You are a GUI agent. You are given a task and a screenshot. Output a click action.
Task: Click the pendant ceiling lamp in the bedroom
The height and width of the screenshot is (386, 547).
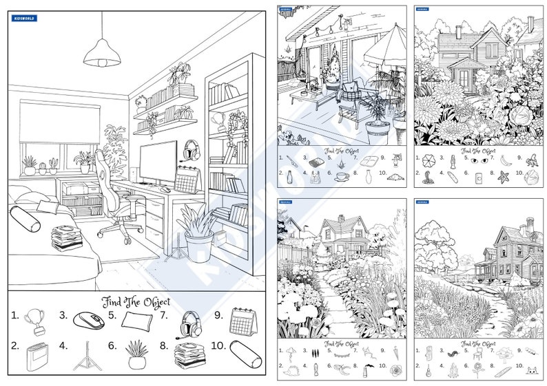tap(101, 54)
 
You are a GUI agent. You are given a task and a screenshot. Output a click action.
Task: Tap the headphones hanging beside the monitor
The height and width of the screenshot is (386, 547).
tap(191, 149)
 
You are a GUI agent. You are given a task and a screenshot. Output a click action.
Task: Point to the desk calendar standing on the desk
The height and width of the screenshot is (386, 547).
tap(185, 180)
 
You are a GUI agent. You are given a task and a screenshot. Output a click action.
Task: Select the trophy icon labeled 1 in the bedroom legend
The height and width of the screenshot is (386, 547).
tap(34, 319)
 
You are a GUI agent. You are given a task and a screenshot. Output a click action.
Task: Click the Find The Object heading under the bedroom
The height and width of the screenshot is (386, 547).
tap(136, 301)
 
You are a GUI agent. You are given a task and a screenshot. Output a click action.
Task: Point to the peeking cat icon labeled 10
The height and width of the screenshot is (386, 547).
tap(531, 370)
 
